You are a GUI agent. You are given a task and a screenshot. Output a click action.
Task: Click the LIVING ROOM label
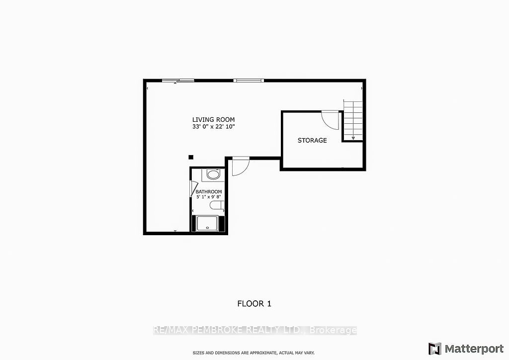pos(213,120)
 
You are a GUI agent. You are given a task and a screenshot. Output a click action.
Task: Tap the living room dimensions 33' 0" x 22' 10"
pos(213,127)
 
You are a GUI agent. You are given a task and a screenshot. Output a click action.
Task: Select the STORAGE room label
pos(312,140)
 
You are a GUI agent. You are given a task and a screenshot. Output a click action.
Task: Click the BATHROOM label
pos(208,191)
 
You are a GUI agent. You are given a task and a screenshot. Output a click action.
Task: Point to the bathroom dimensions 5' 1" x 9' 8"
pos(208,197)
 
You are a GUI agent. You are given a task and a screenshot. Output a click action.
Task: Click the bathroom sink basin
pos(213,175)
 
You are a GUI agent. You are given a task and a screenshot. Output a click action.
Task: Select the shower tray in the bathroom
pos(208,223)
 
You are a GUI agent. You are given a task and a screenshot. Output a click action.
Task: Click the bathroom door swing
pos(193,189)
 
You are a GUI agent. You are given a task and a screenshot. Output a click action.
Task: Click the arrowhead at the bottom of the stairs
pos(353,139)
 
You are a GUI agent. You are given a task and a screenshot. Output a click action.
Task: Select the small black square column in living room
pos(190,157)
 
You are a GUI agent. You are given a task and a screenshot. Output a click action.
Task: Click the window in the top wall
pos(249,80)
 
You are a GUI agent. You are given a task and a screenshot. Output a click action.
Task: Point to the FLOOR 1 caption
pos(254,303)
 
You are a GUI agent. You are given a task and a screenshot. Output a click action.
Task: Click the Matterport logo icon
pos(434,348)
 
